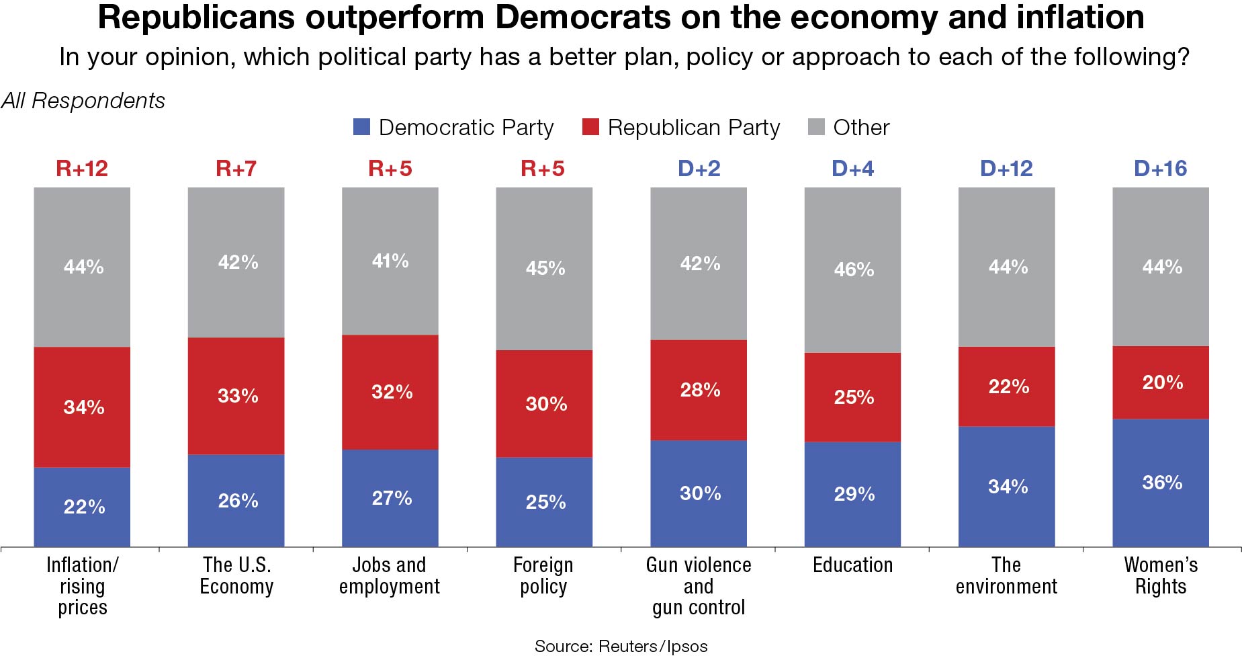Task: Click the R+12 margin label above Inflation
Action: (x=82, y=168)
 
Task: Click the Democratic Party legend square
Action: (x=362, y=127)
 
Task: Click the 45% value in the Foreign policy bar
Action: (x=545, y=268)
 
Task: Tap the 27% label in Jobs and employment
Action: (x=392, y=498)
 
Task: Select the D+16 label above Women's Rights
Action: (x=1160, y=168)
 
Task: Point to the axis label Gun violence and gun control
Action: (x=699, y=586)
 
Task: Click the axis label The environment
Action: (x=1006, y=576)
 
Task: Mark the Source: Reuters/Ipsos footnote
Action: (x=621, y=646)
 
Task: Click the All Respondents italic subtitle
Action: (x=83, y=101)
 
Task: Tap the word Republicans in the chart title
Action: (x=196, y=17)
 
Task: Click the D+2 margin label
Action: (x=699, y=168)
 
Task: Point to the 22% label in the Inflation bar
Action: (x=84, y=507)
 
